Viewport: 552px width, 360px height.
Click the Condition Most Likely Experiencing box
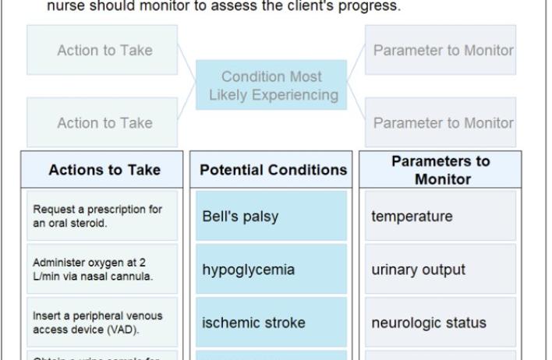coord(272,86)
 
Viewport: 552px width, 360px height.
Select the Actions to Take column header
coord(104,170)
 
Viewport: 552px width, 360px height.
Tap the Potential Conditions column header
coord(273,170)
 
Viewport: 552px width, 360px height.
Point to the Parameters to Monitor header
coord(441,170)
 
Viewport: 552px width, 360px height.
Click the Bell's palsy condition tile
coord(271,216)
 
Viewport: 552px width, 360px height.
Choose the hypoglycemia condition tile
coord(271,270)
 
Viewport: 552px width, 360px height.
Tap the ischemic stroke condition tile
coord(271,323)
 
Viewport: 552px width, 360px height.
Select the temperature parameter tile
coord(441,216)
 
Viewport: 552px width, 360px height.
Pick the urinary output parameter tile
coord(441,270)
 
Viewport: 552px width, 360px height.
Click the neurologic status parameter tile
coord(441,323)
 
